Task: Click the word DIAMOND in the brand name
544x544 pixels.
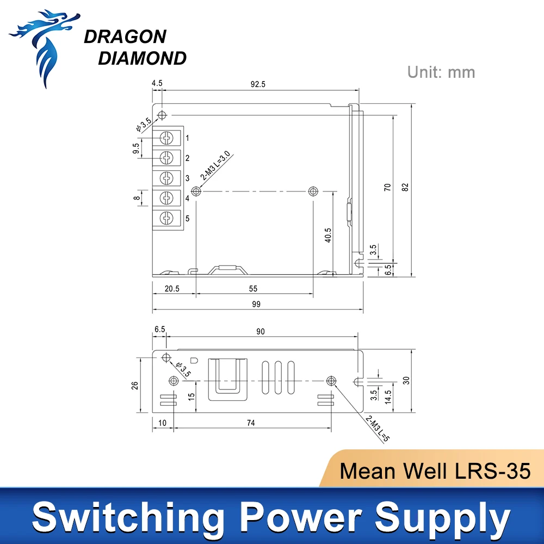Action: pos(143,58)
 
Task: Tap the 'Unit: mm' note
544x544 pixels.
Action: pos(441,72)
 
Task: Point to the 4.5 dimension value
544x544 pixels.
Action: pos(157,84)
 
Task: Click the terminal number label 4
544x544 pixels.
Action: pos(187,199)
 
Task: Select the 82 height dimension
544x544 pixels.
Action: pos(405,187)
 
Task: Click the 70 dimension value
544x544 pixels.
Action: pos(387,187)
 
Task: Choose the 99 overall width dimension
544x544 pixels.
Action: pos(256,305)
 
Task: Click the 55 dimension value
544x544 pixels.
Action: pos(253,288)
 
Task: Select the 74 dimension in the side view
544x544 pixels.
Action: pos(251,422)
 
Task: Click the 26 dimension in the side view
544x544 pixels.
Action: pos(135,385)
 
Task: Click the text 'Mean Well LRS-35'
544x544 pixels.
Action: pos(435,471)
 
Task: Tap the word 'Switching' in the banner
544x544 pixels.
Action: pos(127,516)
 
